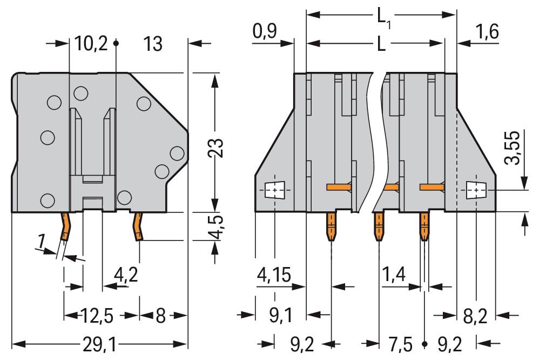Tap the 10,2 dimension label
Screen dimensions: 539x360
[91, 44]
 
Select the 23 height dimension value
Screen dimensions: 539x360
[216, 148]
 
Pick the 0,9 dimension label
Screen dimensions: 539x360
[264, 31]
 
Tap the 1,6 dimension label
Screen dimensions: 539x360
[487, 32]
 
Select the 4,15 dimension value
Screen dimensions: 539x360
[274, 275]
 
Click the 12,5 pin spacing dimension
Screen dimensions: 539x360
[97, 316]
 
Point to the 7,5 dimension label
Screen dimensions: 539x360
[400, 344]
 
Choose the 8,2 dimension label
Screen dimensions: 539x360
[475, 316]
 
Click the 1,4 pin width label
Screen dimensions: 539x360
[394, 275]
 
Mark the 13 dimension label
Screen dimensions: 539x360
[153, 44]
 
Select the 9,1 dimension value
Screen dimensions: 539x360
[280, 316]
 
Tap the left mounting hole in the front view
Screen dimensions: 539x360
[274, 190]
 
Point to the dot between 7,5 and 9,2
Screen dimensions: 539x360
[425, 344]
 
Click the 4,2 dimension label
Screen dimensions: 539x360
[126, 275]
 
